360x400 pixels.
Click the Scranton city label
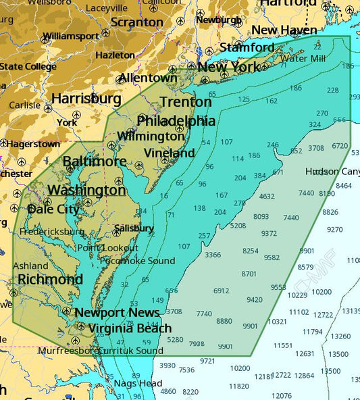pos(137,22)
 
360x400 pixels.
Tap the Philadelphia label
pos(176,121)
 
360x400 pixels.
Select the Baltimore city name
pos(95,161)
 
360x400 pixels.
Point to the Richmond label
pos(50,279)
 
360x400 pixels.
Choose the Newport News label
pos(117,312)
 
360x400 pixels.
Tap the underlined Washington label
pos(87,190)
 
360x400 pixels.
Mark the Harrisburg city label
pos(86,99)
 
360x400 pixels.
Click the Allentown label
pos(147,78)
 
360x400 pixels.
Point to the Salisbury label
pos(133,228)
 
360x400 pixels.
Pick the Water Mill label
pos(303,58)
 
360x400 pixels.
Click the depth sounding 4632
pos(267,197)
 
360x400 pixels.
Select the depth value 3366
pos(213,255)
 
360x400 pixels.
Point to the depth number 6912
pos(222,291)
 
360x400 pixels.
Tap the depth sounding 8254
pos(250,251)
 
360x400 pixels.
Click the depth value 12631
pos(305,353)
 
